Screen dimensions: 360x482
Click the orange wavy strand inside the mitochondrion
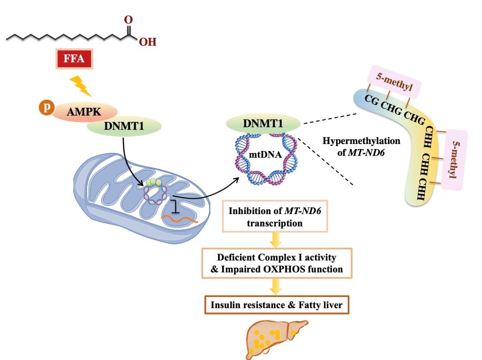pyautogui.click(x=180, y=218)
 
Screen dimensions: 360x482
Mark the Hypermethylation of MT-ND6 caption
pyautogui.click(x=361, y=145)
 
